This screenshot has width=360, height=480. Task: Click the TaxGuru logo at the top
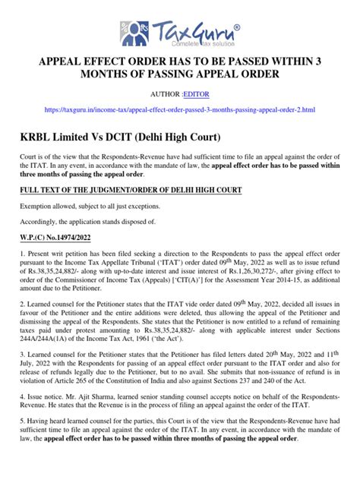[181, 33]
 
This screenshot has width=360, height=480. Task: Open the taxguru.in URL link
[180, 111]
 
